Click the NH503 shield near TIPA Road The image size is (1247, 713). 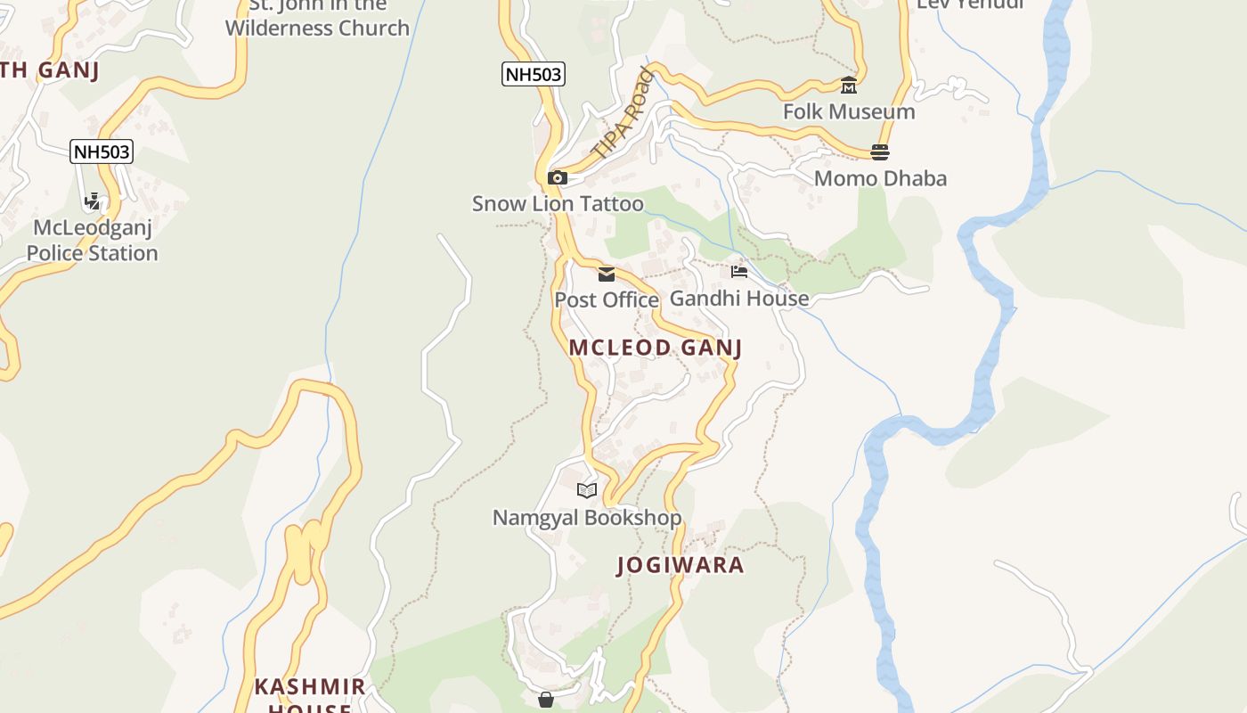click(x=534, y=74)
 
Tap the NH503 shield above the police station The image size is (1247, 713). click(x=102, y=152)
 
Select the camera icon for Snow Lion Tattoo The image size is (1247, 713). click(x=558, y=178)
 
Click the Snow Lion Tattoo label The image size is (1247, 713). click(x=558, y=204)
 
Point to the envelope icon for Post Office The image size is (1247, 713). click(x=607, y=275)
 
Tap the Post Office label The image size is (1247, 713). click(x=607, y=300)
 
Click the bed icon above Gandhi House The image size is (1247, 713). click(x=739, y=272)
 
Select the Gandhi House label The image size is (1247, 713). click(x=739, y=299)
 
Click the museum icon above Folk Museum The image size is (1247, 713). click(x=849, y=86)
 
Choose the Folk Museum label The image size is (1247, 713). click(x=849, y=112)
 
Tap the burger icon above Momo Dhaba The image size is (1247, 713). click(x=880, y=152)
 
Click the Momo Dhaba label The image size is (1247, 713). click(x=880, y=178)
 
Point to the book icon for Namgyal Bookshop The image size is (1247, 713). click(x=586, y=490)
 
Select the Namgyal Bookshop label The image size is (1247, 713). click(x=587, y=518)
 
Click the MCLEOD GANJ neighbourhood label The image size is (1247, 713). click(x=656, y=348)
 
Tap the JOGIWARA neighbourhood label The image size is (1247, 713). click(x=681, y=565)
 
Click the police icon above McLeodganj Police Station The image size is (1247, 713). click(x=92, y=202)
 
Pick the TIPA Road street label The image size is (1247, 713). click(x=623, y=115)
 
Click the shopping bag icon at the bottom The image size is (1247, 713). click(x=546, y=701)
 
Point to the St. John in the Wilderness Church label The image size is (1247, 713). click(x=317, y=18)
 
